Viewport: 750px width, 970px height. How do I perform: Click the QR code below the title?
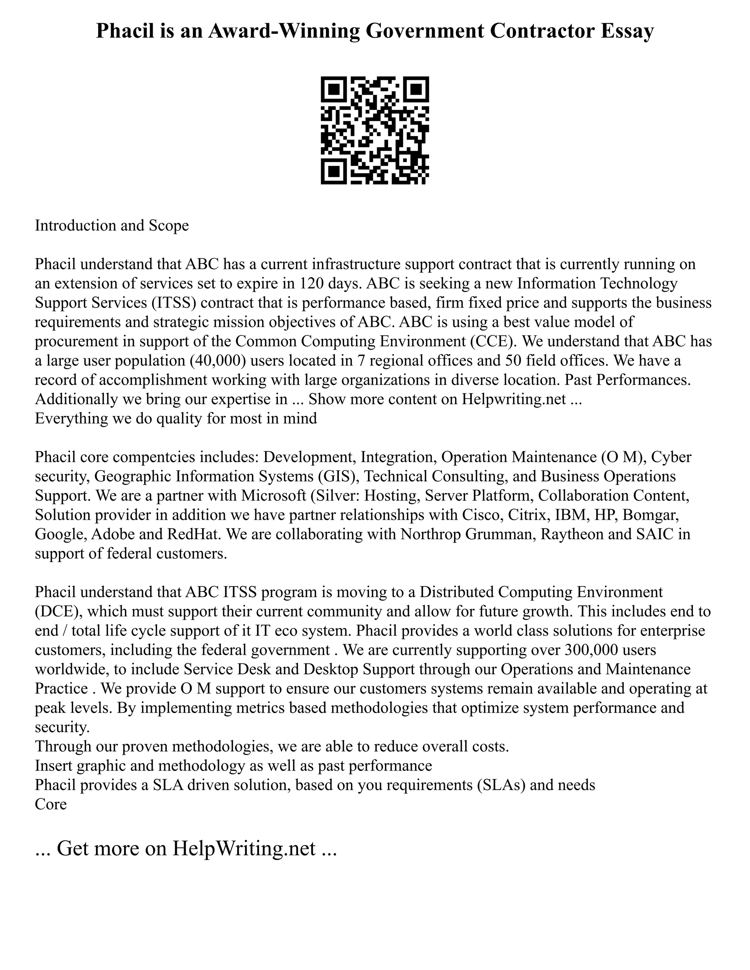click(x=375, y=130)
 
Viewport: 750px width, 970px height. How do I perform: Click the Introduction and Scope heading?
click(x=112, y=225)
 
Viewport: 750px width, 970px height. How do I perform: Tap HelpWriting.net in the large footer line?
click(x=244, y=848)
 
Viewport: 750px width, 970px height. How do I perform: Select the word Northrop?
click(x=429, y=534)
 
